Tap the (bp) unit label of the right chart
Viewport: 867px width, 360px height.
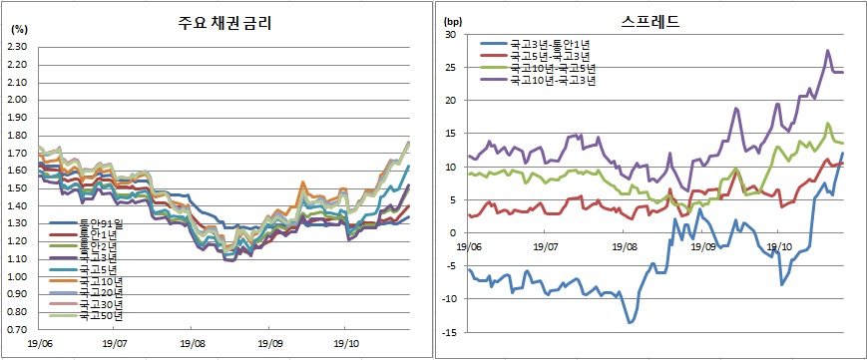coord(452,20)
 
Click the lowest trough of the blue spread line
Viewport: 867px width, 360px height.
coord(631,322)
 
